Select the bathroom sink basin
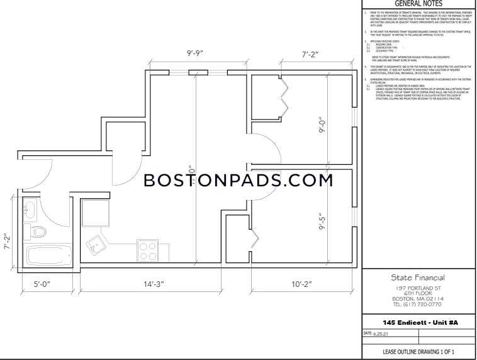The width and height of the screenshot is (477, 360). click(x=30, y=209)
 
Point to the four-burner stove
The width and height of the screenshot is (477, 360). click(x=148, y=251)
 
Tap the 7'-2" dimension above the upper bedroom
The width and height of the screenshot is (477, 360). click(x=298, y=54)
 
